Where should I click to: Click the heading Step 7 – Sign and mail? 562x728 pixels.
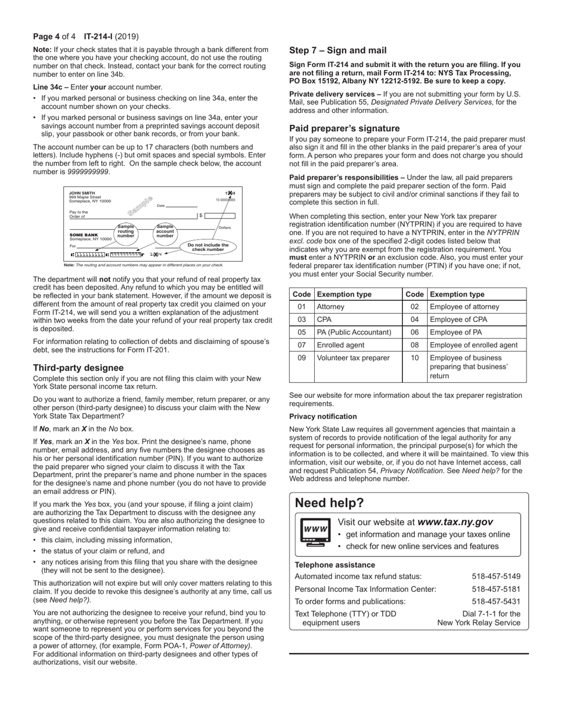[338, 50]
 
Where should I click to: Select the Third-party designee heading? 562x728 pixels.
[78, 368]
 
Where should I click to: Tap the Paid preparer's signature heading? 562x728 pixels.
[344, 128]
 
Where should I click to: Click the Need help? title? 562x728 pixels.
[330, 503]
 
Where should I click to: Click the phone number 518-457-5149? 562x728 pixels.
[496, 576]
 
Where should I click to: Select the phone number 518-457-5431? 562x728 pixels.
[496, 601]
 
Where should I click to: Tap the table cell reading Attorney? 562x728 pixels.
[331, 307]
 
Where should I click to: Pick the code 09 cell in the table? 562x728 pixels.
[302, 358]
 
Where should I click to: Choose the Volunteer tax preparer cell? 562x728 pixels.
[353, 358]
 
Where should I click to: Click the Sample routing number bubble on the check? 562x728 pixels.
[126, 231]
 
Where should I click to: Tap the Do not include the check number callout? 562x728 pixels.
[208, 247]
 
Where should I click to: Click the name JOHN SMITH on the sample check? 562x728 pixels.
[82, 193]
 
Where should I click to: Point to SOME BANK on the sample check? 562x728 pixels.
[84, 235]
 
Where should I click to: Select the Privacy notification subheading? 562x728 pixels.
[323, 417]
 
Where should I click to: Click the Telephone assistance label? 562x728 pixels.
[335, 565]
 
